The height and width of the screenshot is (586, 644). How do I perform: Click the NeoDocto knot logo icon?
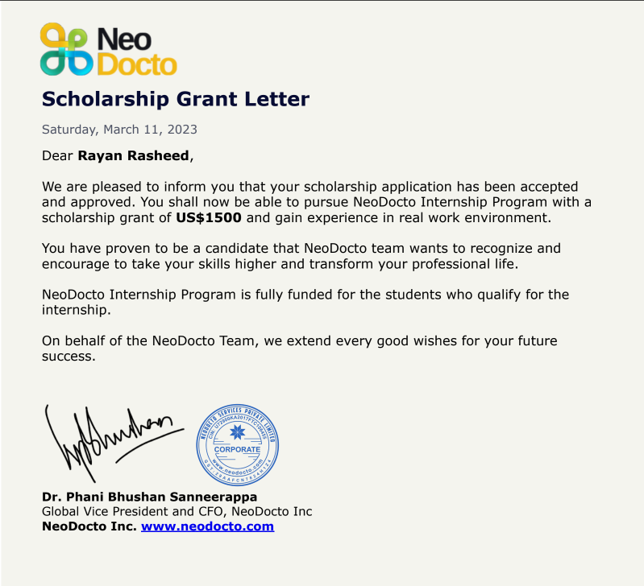[x=64, y=50]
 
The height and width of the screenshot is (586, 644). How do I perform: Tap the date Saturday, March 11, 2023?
[x=119, y=130]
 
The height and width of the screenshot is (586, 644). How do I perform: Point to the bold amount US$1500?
[x=209, y=217]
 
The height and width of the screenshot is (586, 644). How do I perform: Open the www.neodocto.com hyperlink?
[x=207, y=526]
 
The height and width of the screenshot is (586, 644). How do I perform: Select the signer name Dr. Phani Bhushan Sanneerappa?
[x=149, y=497]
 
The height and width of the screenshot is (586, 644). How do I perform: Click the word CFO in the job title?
[x=222, y=512]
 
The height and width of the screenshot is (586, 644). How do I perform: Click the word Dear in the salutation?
[x=57, y=155]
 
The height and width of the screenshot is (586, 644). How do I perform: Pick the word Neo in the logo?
[x=123, y=38]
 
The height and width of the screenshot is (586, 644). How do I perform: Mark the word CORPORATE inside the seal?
[x=237, y=449]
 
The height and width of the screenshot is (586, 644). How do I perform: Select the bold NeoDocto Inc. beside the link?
[x=89, y=526]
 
